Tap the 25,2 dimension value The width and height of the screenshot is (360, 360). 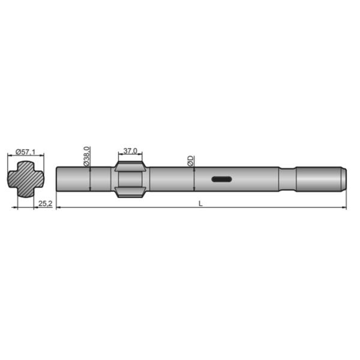point(45,203)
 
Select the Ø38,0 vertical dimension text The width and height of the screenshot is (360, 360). point(87,156)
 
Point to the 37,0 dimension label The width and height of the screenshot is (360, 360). point(130,151)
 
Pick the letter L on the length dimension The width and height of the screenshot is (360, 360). point(201,203)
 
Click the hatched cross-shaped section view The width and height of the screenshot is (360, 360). point(26,178)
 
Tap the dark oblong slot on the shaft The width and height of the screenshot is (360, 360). point(221,179)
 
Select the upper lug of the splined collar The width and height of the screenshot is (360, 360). point(130,164)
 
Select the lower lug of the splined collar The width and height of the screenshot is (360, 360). point(130,193)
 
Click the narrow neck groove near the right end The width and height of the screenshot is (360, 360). point(287,179)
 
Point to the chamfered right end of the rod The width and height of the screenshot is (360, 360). point(344,179)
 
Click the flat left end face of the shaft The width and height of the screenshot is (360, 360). point(56,179)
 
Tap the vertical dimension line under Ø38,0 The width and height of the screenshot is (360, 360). point(89,179)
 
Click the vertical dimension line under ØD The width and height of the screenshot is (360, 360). point(194,179)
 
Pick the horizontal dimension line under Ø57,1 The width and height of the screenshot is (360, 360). point(26,155)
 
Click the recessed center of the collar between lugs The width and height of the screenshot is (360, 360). point(130,179)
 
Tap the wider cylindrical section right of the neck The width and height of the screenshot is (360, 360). point(318,179)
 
